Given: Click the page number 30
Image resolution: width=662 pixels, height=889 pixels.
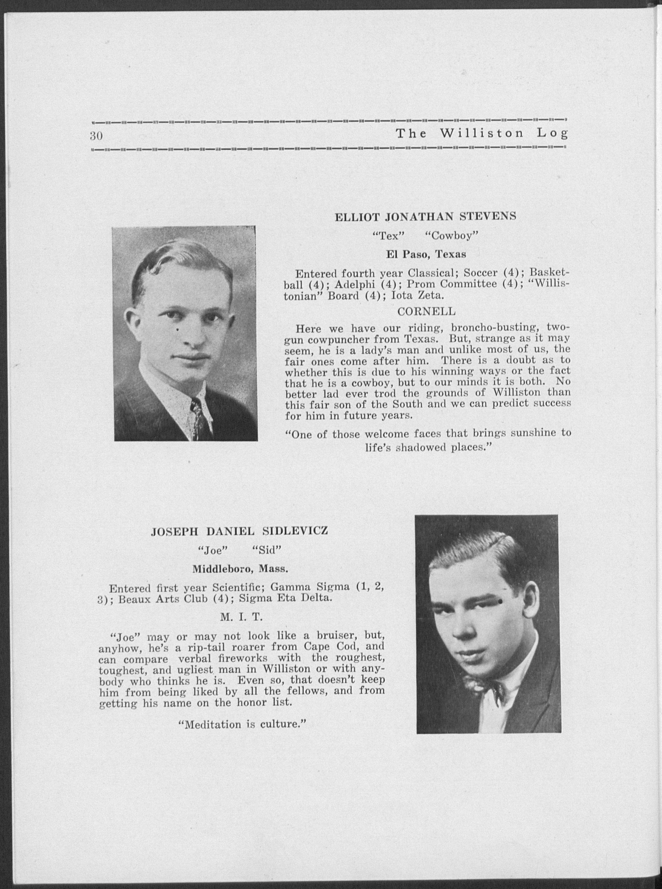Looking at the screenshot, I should (x=97, y=136).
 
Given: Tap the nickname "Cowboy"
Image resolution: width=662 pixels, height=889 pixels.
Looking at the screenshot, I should (x=454, y=236).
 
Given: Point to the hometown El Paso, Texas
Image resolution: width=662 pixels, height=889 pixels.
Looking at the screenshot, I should (x=426, y=254).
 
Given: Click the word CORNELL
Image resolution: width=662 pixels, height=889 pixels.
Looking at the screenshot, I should (x=426, y=311).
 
